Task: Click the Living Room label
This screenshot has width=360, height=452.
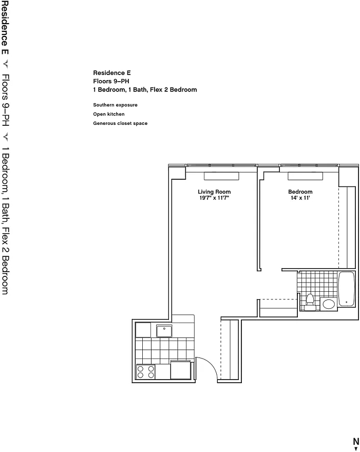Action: (x=214, y=192)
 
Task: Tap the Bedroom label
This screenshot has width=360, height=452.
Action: (x=300, y=192)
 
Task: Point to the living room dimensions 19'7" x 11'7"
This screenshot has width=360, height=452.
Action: (x=214, y=198)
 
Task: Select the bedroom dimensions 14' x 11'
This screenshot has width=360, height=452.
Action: (x=300, y=198)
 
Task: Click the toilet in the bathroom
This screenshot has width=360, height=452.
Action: (x=310, y=302)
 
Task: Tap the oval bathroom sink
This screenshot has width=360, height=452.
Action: (x=328, y=304)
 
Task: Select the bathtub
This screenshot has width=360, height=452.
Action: (x=347, y=289)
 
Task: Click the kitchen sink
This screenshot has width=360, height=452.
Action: (x=164, y=331)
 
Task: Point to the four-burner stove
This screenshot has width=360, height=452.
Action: (x=145, y=372)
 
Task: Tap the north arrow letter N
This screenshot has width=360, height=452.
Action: (x=356, y=441)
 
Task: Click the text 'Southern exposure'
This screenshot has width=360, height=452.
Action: (x=115, y=105)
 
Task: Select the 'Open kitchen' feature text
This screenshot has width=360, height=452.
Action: (x=109, y=114)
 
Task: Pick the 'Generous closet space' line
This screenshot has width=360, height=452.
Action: (x=120, y=123)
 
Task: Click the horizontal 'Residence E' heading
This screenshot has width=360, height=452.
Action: (x=112, y=72)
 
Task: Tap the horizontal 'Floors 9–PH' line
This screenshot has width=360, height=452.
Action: (x=111, y=81)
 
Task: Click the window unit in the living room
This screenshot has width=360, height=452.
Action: (x=221, y=176)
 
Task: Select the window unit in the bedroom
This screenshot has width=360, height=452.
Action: (x=305, y=176)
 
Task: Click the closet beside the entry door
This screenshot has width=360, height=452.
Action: (x=230, y=349)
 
